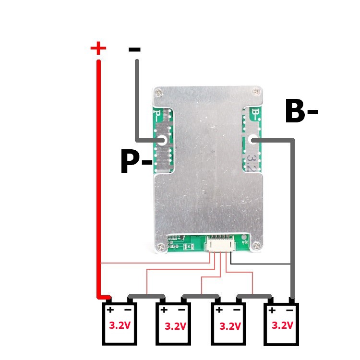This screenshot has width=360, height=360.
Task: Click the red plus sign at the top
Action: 98,48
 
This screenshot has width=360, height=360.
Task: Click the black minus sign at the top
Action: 134,49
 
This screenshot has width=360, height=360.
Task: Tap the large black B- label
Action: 301,111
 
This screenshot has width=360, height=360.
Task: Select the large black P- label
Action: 137,161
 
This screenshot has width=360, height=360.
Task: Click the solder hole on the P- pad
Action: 162,140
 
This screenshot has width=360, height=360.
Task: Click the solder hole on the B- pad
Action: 254,140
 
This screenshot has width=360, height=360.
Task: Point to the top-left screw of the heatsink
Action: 159,93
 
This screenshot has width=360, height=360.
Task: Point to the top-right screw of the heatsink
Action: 256,92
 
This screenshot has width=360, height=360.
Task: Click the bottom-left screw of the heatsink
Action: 160,247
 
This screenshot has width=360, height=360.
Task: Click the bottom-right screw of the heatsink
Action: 256,246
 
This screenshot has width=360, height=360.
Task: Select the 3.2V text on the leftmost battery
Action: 120,325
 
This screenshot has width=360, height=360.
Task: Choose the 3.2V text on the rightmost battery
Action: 282,325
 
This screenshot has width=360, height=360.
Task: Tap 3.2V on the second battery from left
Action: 175,326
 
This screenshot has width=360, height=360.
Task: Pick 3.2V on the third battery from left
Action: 230,326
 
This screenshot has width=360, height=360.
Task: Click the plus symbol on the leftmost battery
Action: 110,310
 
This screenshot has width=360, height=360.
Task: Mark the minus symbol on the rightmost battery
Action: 289,311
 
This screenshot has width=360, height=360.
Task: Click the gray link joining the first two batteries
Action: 146,297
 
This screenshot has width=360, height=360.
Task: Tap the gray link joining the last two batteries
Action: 254,297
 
